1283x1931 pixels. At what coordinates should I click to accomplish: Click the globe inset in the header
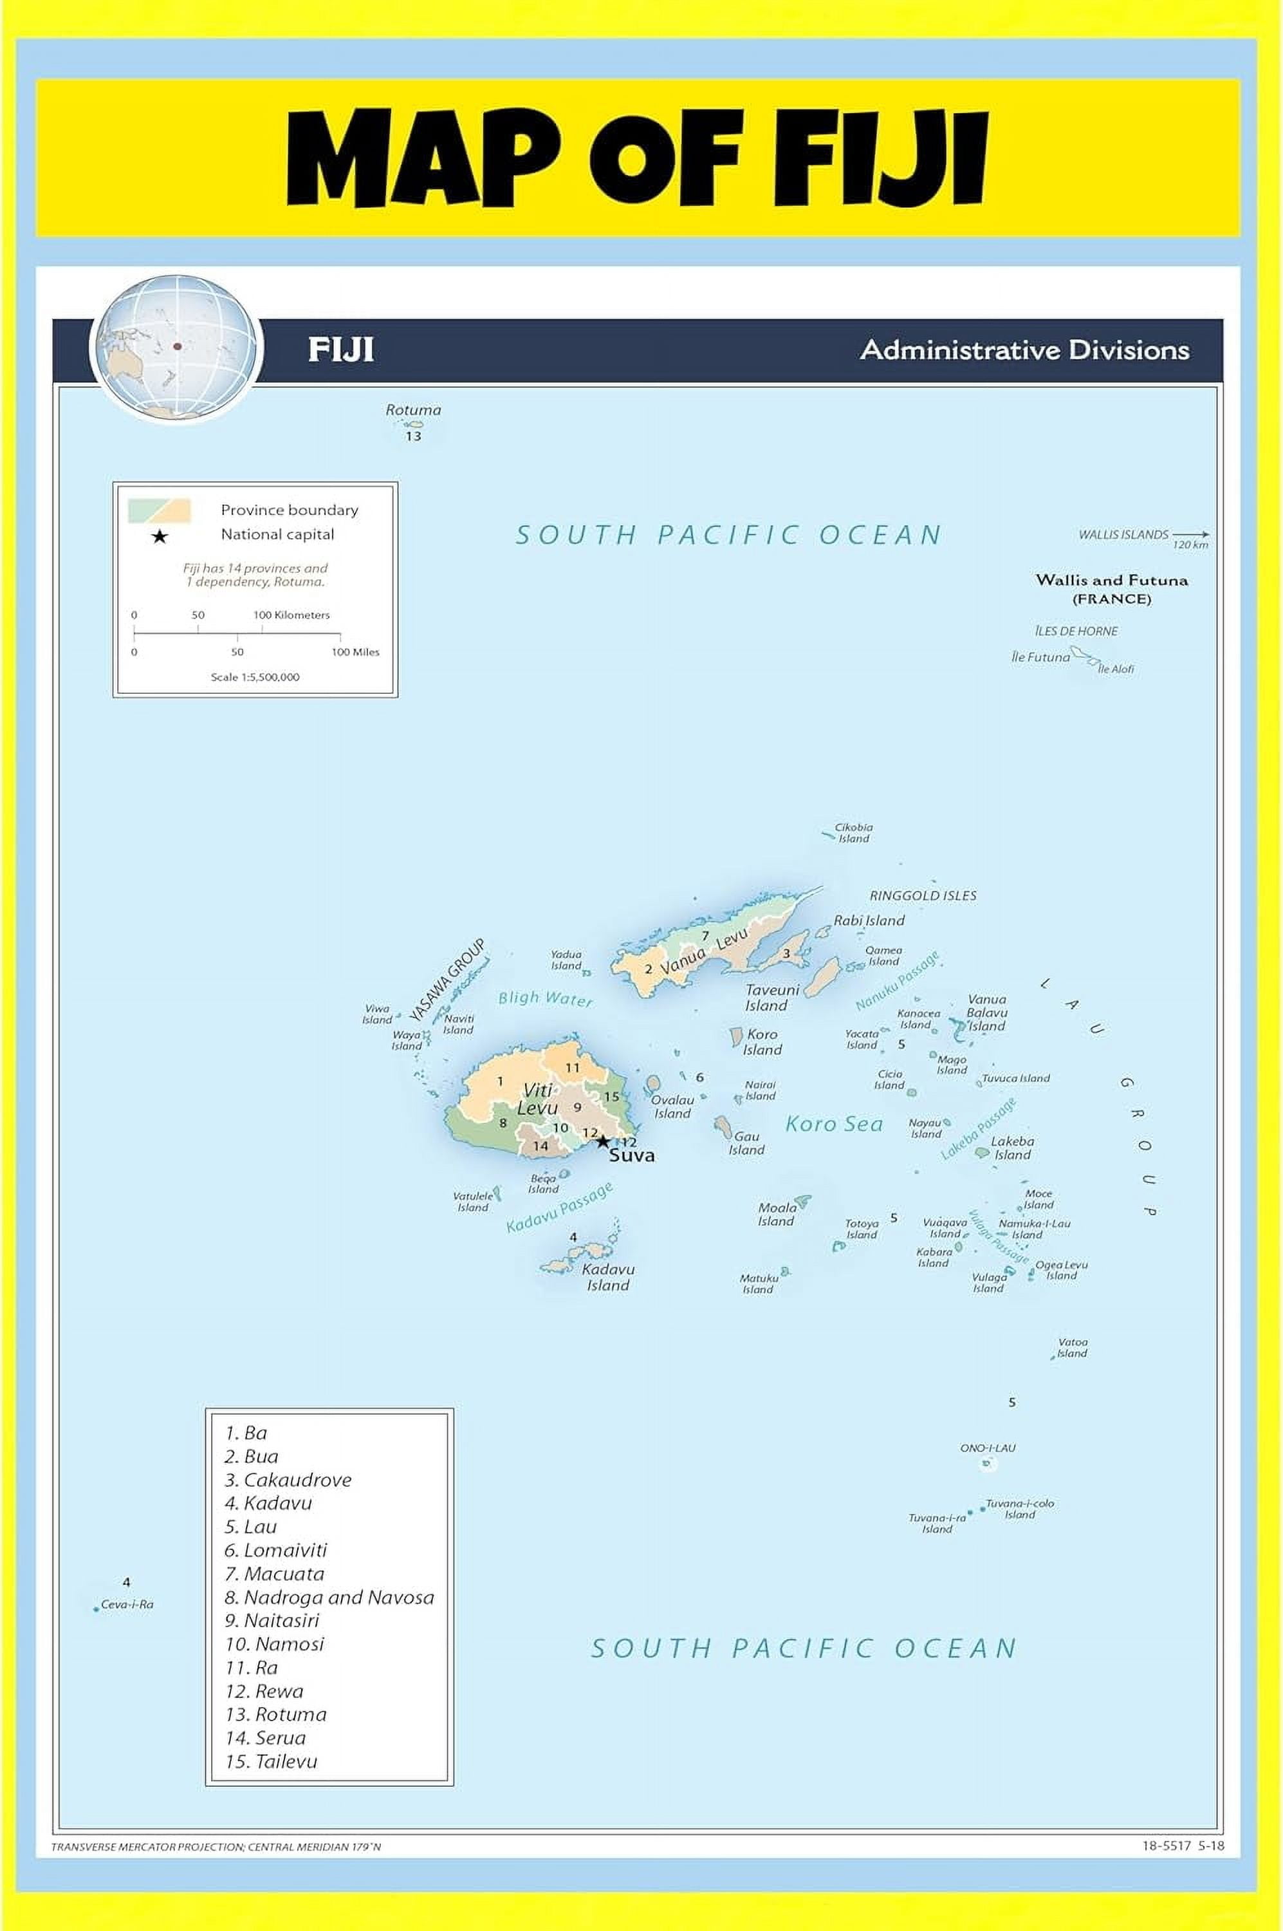tap(175, 347)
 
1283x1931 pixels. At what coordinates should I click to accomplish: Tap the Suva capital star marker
tap(603, 1141)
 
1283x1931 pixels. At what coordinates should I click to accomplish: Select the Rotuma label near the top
tap(413, 410)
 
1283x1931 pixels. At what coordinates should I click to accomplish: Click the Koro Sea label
tap(834, 1124)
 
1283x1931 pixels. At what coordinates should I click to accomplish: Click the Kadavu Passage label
tap(559, 1208)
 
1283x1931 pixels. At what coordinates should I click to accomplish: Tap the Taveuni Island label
tap(771, 998)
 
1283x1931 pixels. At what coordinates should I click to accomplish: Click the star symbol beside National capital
tap(160, 536)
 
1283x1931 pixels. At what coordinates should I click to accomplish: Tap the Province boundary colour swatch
tap(160, 510)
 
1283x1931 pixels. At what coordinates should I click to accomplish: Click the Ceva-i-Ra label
tap(127, 1605)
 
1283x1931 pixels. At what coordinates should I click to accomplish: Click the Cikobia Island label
tap(853, 832)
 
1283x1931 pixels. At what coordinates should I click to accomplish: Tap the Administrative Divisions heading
tap(1024, 350)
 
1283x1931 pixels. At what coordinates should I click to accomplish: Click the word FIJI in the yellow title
tap(880, 158)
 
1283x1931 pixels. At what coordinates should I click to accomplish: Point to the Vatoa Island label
tap(1072, 1347)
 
